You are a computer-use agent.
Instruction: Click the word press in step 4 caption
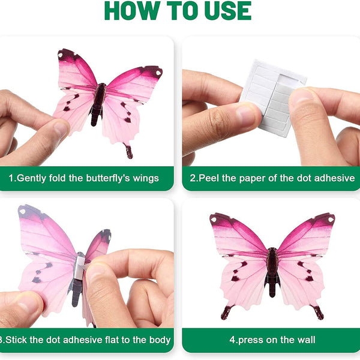[251, 340]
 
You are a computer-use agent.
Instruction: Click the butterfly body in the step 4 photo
[272, 272]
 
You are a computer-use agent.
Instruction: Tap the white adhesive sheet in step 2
[273, 98]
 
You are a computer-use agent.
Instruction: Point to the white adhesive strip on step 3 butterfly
[79, 268]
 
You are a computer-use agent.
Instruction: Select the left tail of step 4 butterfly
[227, 312]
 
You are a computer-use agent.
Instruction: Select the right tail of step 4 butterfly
[317, 312]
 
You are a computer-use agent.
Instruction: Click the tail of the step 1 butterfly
[128, 151]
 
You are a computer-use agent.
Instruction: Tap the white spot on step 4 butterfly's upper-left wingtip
[214, 220]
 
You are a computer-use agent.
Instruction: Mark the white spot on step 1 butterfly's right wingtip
[158, 73]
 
